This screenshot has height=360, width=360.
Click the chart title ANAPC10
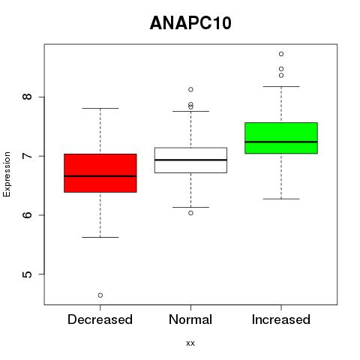(x=190, y=23)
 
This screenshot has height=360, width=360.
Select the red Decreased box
(x=100, y=173)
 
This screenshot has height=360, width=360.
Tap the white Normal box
(x=190, y=160)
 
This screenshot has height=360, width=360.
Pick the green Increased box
(x=281, y=138)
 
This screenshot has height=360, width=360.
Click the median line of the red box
(x=100, y=176)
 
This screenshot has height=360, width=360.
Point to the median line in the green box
(x=281, y=142)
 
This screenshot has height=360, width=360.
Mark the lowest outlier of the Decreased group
(x=100, y=295)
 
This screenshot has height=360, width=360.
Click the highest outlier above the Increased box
(x=281, y=54)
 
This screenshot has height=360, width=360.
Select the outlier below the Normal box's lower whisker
(x=190, y=213)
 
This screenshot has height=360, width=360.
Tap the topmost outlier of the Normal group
(x=190, y=89)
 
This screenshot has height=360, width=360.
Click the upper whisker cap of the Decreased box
(x=100, y=108)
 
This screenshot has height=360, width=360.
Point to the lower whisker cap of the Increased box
(x=281, y=199)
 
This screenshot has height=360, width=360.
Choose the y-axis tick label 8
(x=28, y=97)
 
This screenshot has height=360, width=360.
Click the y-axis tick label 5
(x=28, y=274)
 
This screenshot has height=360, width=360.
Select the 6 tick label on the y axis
(x=28, y=215)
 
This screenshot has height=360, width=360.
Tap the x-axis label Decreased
(x=100, y=319)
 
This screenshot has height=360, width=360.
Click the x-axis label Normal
(x=190, y=319)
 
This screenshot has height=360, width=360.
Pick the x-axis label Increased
(x=281, y=319)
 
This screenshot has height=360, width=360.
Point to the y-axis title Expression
(x=7, y=174)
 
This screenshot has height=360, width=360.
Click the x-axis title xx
(x=190, y=343)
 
